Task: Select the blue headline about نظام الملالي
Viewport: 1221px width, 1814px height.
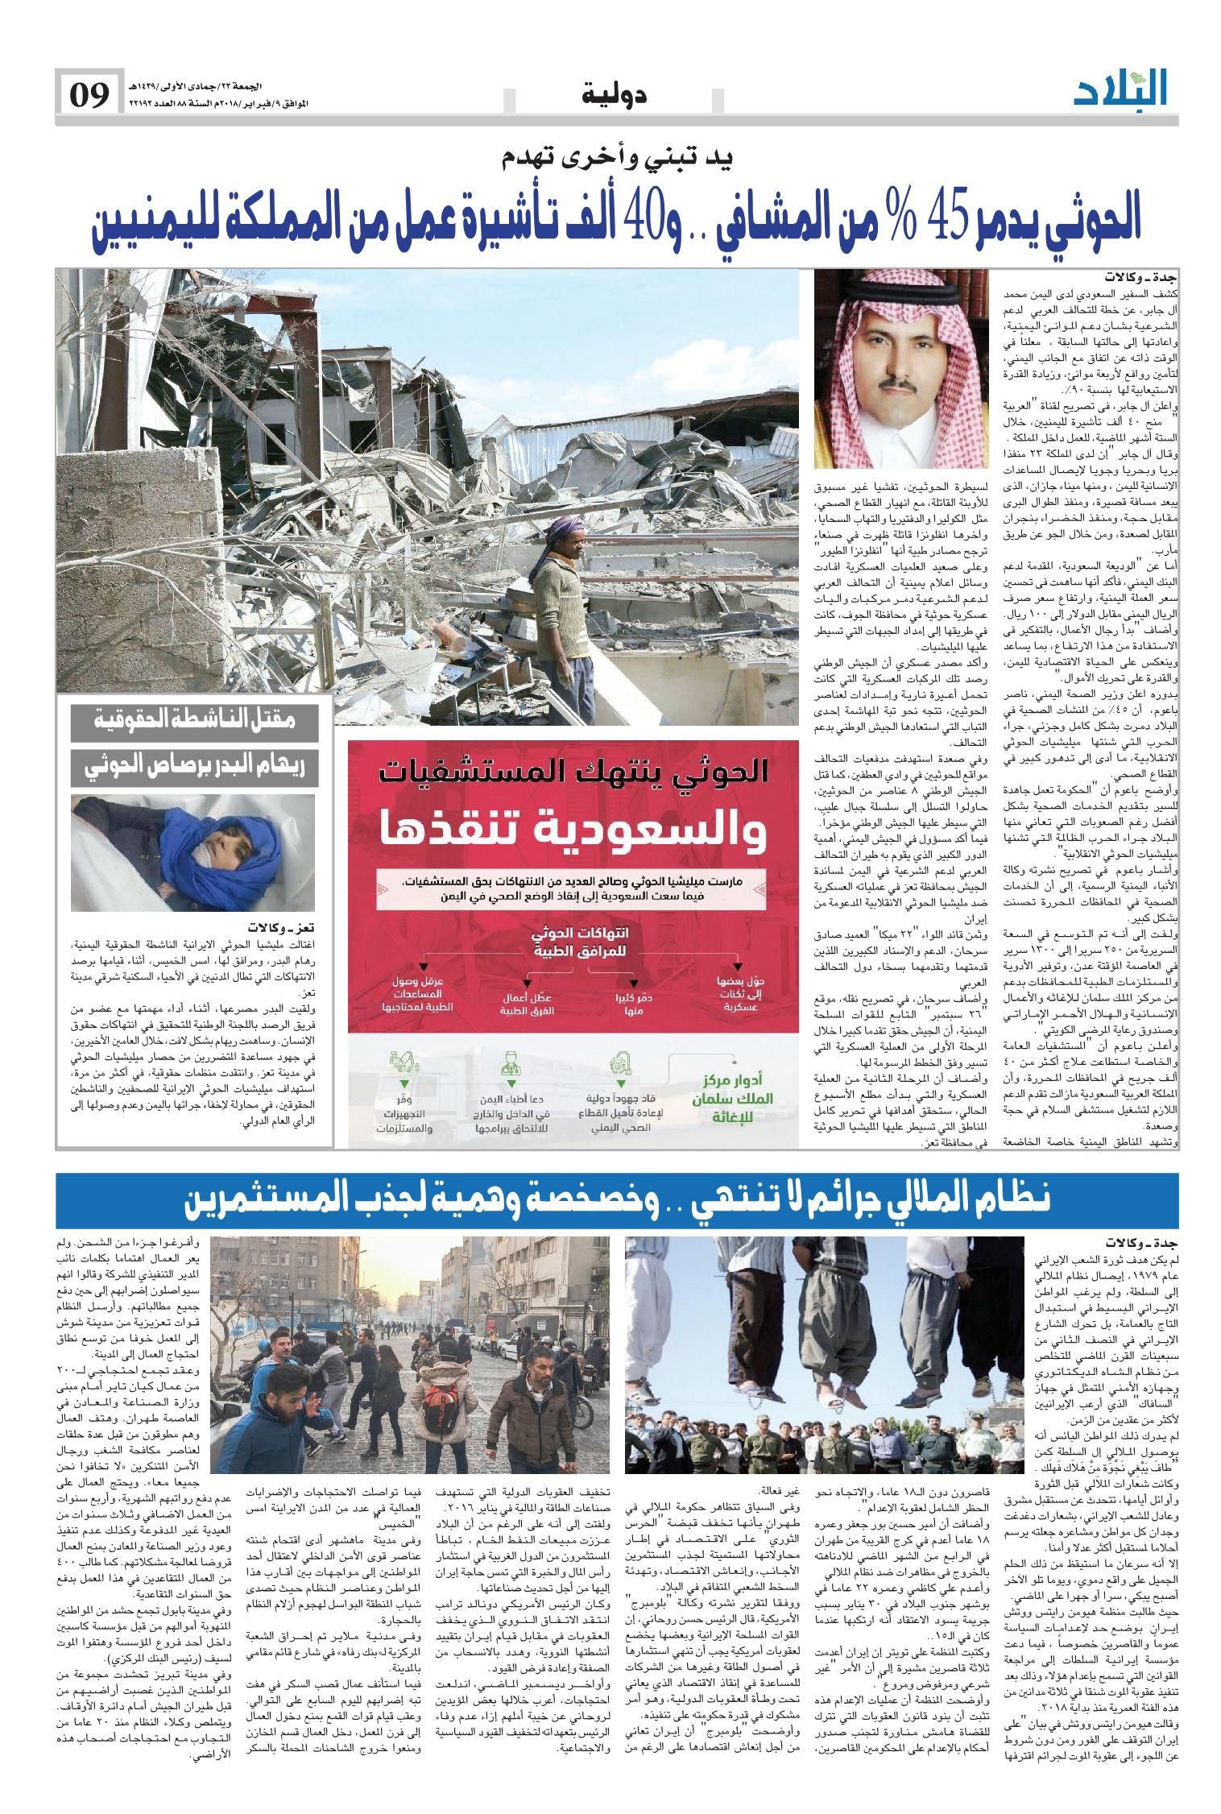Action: [x=618, y=1199]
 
